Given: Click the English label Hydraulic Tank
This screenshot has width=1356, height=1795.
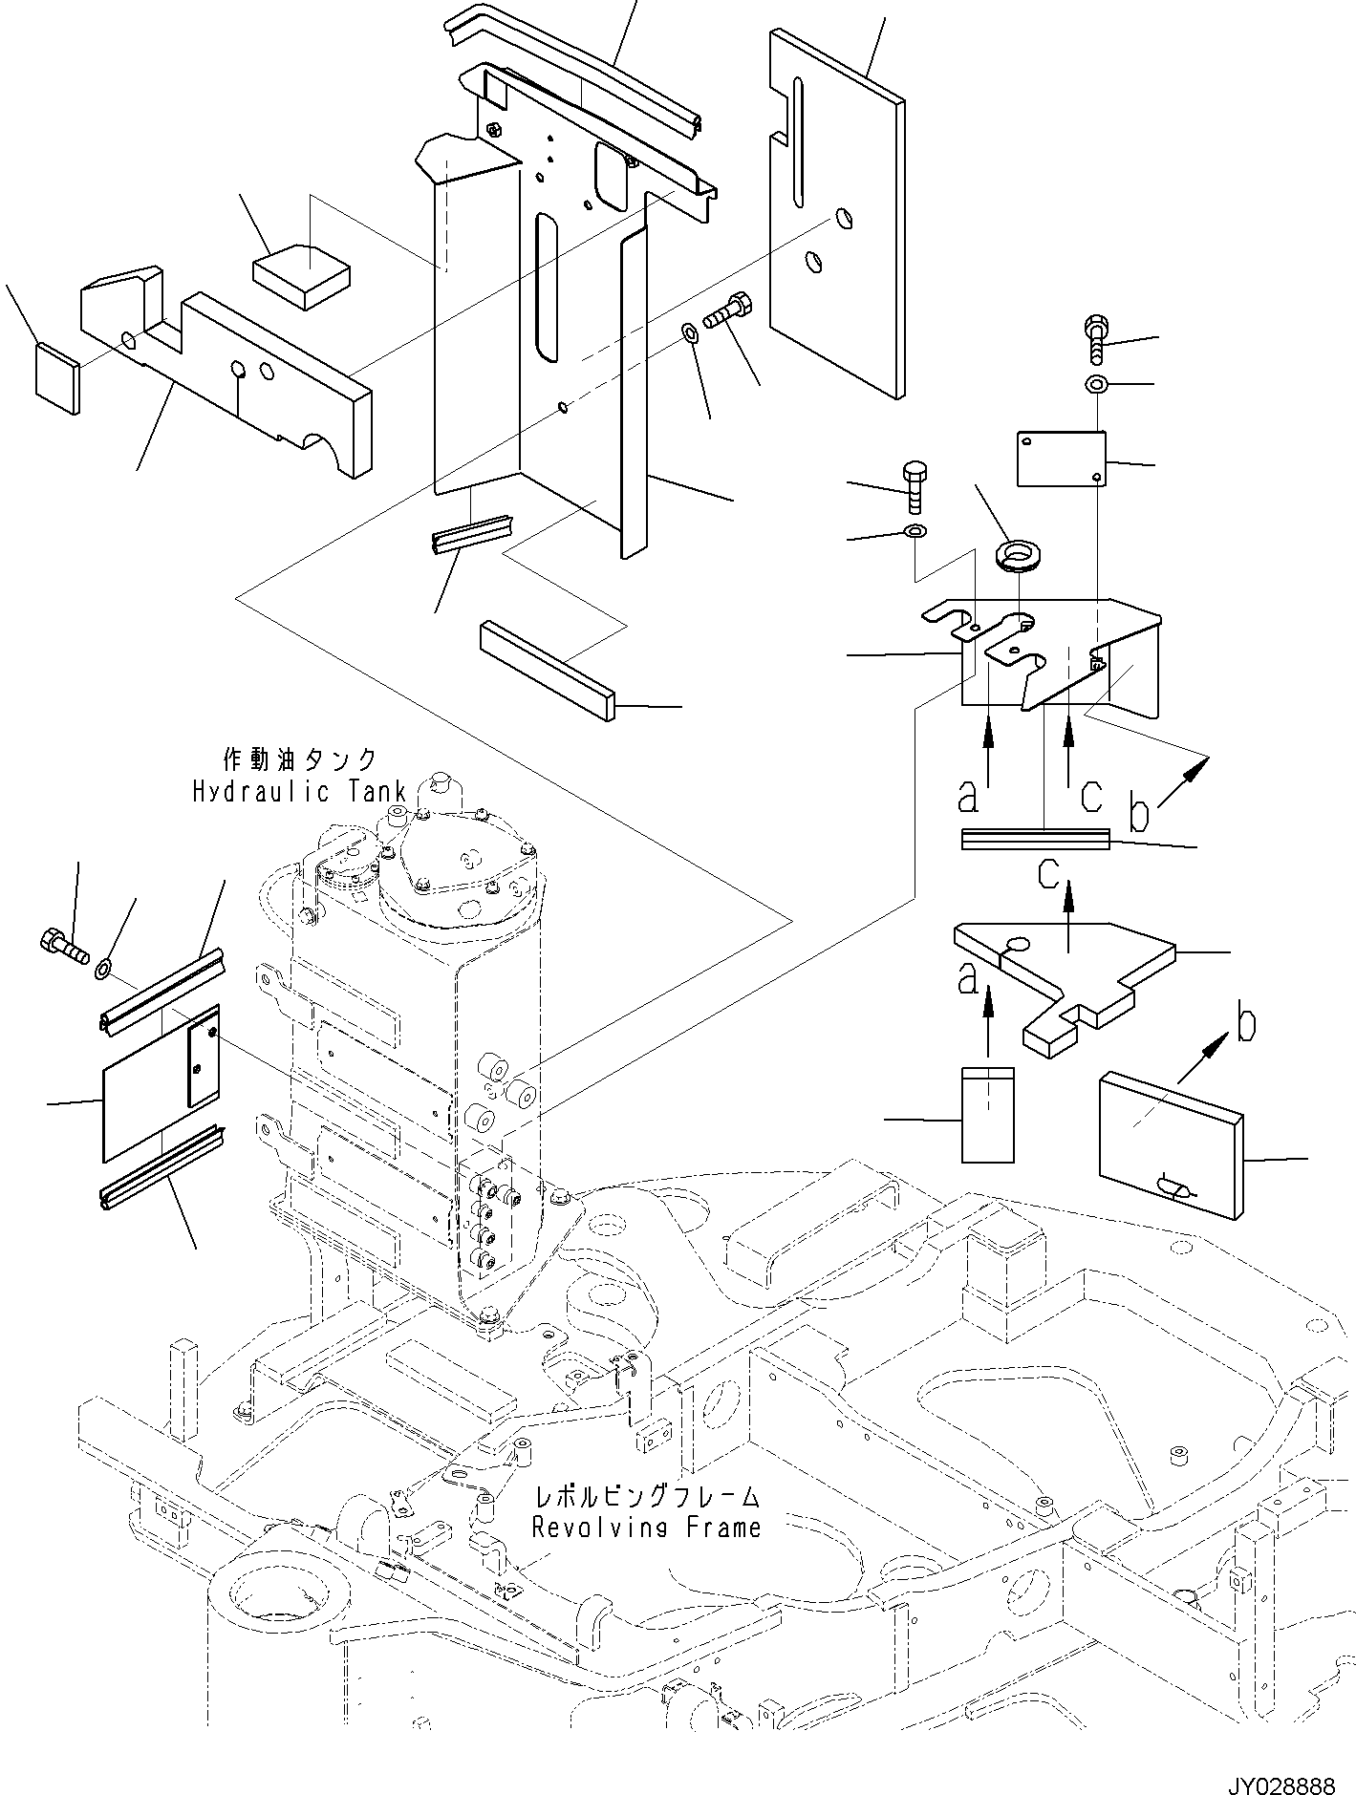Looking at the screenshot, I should [x=299, y=792].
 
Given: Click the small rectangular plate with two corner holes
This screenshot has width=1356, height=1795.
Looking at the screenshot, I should [x=1061, y=459].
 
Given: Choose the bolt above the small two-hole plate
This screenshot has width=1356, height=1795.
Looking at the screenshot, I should [x=1096, y=338].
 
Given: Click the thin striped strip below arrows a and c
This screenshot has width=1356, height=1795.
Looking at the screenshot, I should [x=1035, y=838].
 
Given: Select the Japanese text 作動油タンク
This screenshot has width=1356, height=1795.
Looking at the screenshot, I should [x=299, y=760].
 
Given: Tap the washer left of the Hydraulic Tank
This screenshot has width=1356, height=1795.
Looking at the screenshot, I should [x=104, y=971].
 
